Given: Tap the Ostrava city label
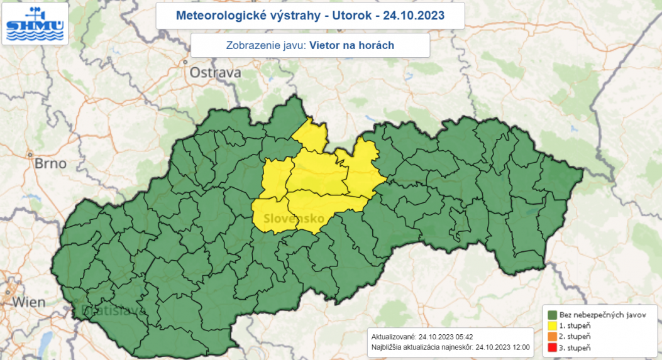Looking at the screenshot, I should pyautogui.click(x=216, y=73).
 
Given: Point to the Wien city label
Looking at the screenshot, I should pyautogui.click(x=29, y=302).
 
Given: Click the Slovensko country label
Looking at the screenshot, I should pyautogui.click(x=294, y=219).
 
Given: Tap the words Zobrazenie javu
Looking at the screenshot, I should pyautogui.click(x=265, y=45).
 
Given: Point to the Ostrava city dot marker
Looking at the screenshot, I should pyautogui.click(x=185, y=62).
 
